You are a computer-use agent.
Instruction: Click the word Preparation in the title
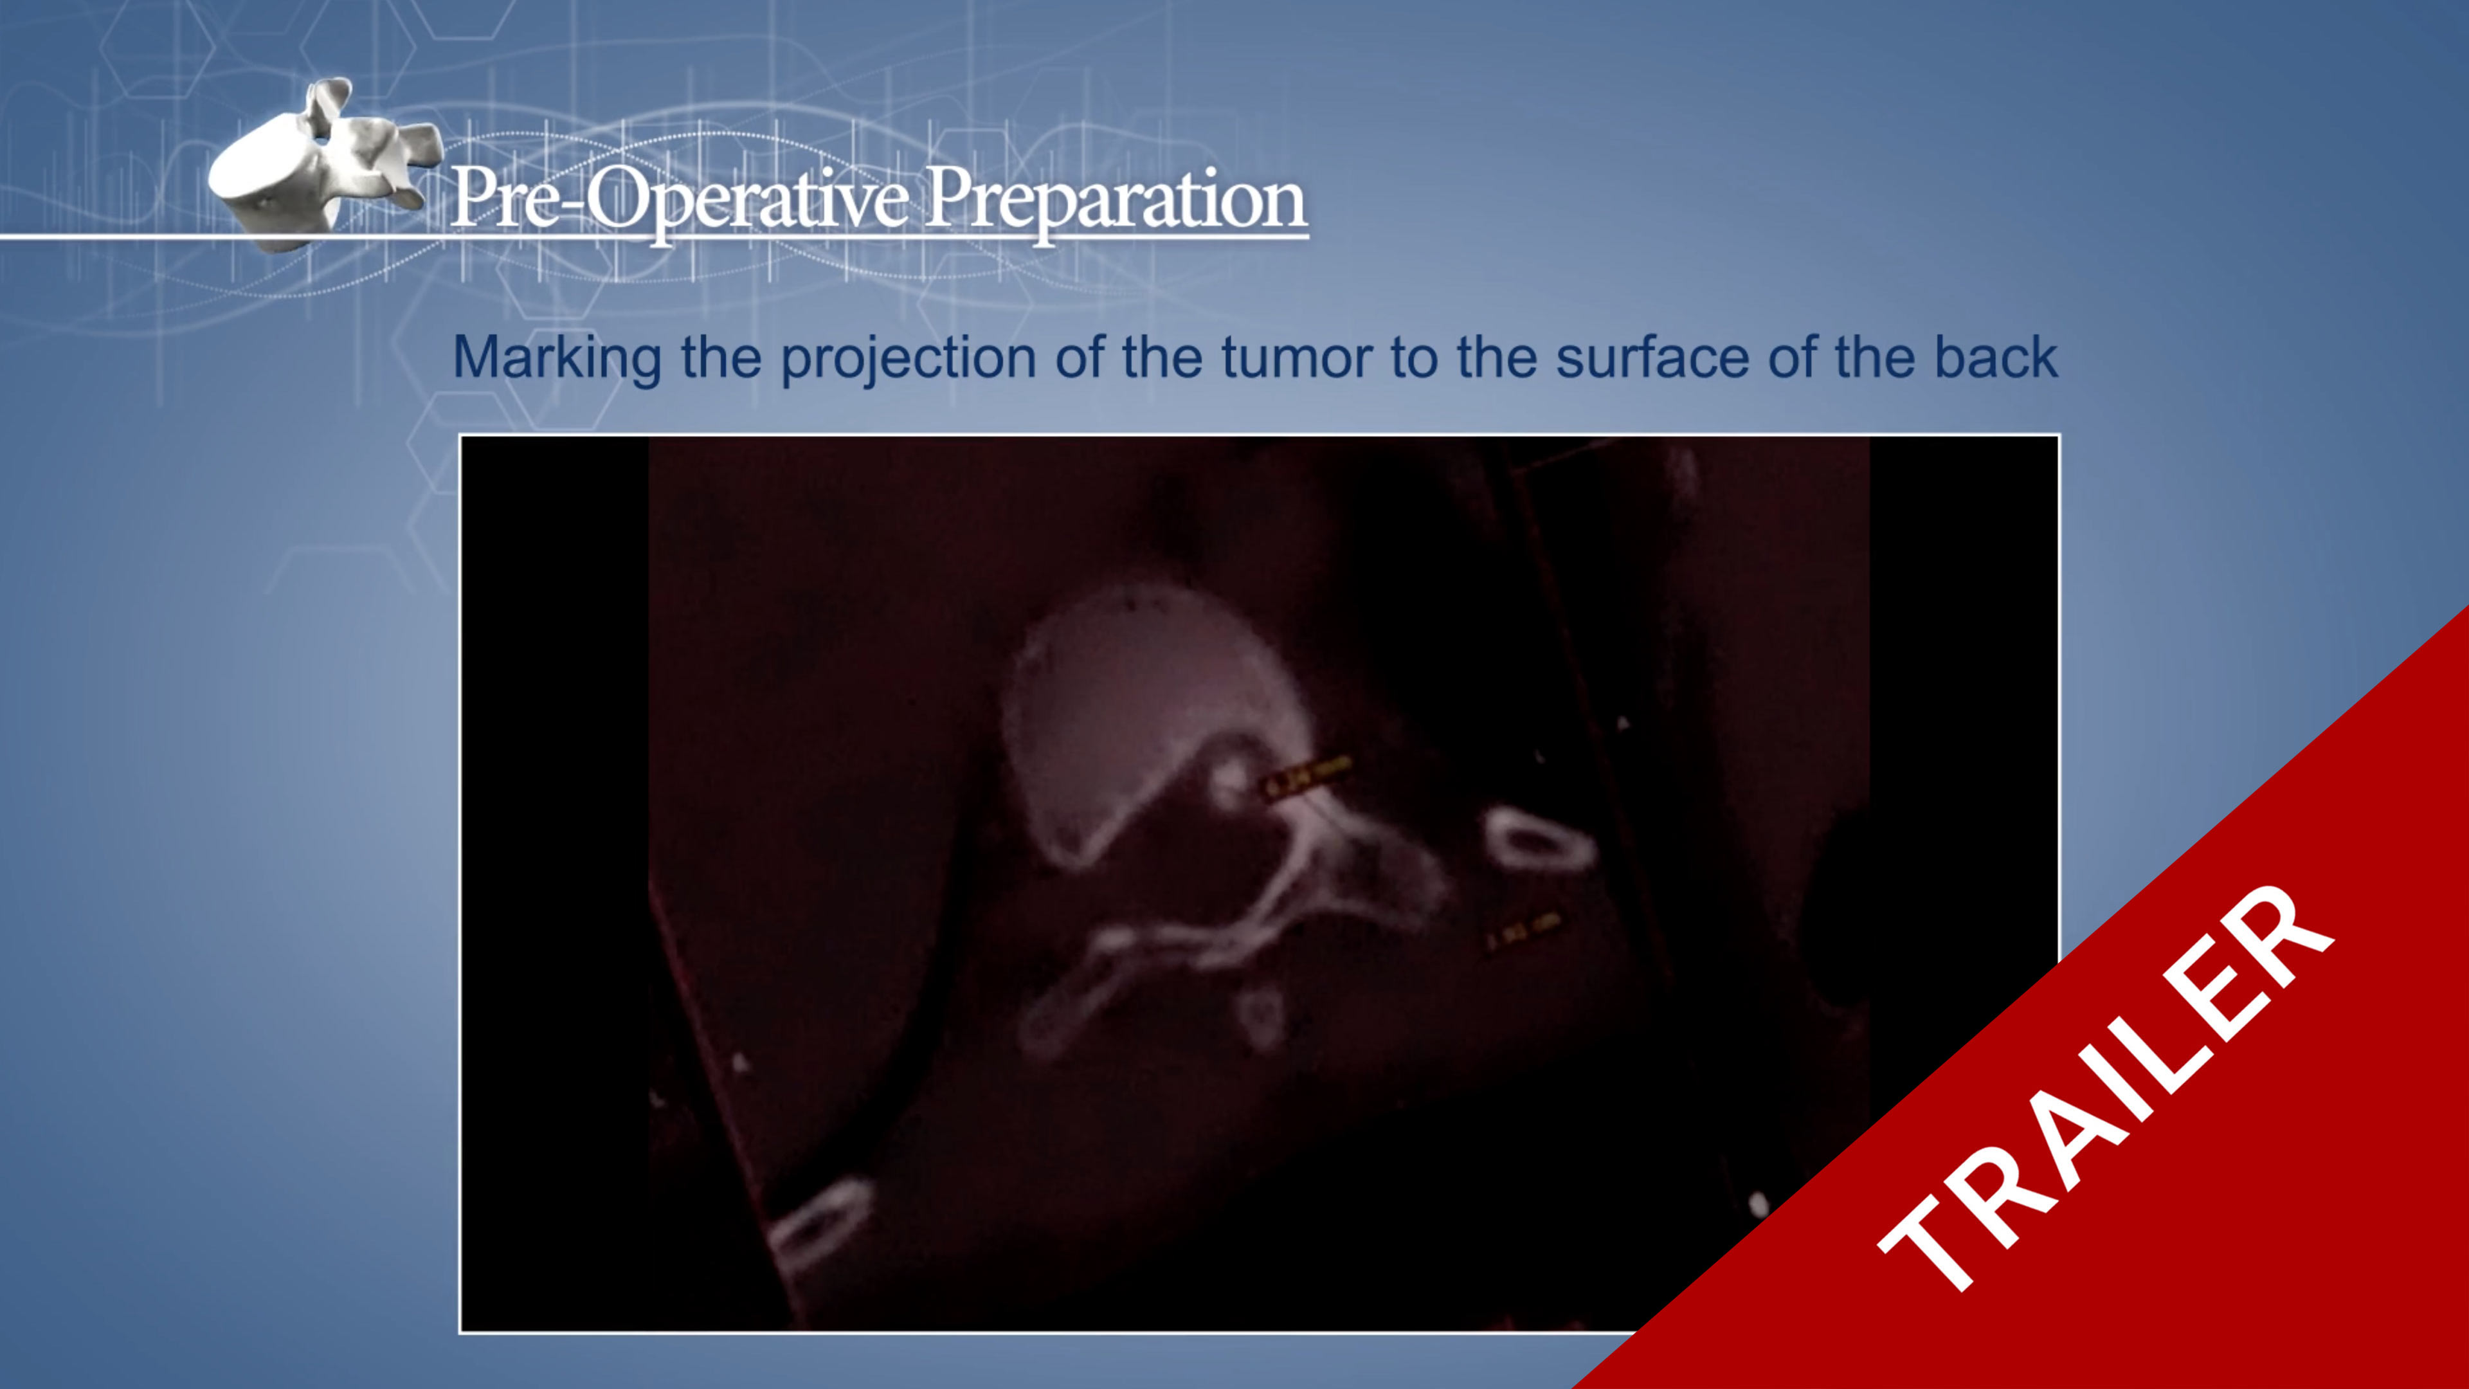click(x=1115, y=199)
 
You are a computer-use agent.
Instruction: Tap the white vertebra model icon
click(x=321, y=168)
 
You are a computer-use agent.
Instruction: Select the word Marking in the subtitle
click(x=556, y=358)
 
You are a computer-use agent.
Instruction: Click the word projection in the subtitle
click(x=909, y=358)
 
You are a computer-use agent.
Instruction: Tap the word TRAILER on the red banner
click(x=2104, y=1088)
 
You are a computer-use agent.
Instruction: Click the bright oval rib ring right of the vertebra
click(x=1539, y=840)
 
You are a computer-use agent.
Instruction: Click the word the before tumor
click(x=1162, y=358)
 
